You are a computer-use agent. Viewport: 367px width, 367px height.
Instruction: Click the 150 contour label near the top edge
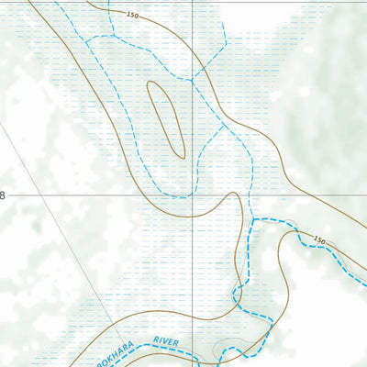[133, 17]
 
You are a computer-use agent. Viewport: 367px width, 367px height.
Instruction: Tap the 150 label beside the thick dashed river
[318, 240]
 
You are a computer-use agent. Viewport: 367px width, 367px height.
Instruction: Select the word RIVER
[165, 341]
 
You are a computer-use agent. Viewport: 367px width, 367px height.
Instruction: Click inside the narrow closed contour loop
[167, 119]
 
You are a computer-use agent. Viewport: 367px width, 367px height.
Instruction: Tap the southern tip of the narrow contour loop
[181, 156]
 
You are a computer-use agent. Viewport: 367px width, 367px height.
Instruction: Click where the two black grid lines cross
[193, 195]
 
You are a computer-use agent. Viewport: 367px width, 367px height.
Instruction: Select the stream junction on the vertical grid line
[193, 81]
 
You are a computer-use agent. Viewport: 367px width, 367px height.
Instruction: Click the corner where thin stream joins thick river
[253, 219]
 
